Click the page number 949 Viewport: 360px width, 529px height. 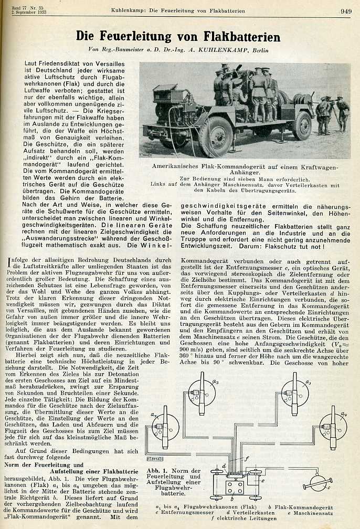point(345,10)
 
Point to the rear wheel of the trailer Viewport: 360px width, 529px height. point(302,125)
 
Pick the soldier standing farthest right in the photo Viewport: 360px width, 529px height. point(342,113)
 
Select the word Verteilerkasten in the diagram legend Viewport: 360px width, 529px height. point(252,515)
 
